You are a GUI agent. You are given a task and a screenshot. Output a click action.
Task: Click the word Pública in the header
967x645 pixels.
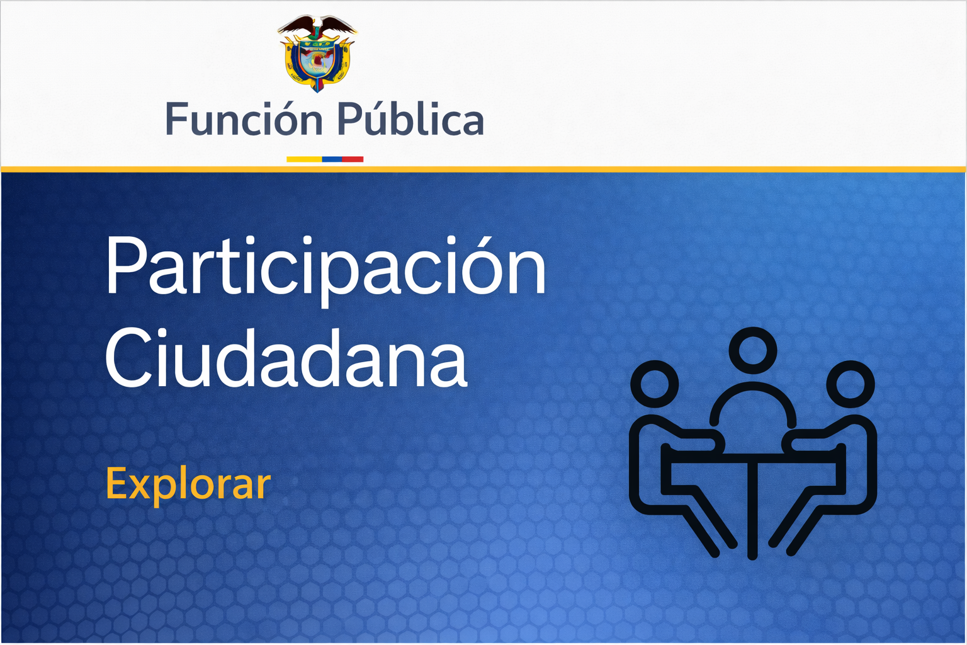pyautogui.click(x=410, y=120)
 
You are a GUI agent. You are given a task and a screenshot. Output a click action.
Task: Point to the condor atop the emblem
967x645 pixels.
pyautogui.click(x=317, y=26)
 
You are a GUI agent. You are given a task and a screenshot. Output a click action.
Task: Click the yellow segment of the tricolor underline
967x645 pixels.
pyautogui.click(x=304, y=159)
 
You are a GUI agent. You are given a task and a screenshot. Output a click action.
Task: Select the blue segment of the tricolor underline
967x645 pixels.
pyautogui.click(x=332, y=159)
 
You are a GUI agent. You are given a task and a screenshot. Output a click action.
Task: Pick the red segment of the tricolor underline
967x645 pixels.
pyautogui.click(x=353, y=159)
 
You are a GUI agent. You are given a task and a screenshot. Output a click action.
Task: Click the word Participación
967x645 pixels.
pyautogui.click(x=325, y=268)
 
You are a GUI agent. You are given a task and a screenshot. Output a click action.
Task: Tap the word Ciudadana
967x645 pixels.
pyautogui.click(x=286, y=359)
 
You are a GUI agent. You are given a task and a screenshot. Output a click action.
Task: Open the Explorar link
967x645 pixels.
pyautogui.click(x=188, y=484)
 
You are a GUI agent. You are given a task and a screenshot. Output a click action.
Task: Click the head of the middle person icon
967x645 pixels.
pyautogui.click(x=752, y=351)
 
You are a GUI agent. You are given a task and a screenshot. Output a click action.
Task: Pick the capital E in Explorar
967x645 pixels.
pyautogui.click(x=117, y=484)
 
